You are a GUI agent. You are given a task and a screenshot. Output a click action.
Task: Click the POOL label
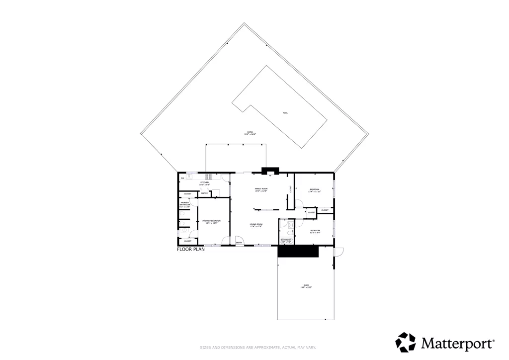tap(285, 113)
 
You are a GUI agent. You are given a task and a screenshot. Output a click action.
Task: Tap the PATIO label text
tap(250, 133)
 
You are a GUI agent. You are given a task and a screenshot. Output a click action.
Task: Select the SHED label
tap(306, 286)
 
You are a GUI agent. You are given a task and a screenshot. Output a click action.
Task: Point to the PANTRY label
tap(204, 193)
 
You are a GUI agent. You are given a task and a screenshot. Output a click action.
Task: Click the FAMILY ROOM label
tap(261, 189)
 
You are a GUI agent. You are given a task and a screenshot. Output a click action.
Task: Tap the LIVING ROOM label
tap(256, 225)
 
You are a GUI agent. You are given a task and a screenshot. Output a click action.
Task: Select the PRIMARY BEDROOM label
tap(212, 221)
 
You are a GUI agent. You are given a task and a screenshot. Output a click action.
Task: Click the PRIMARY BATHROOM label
tap(185, 204)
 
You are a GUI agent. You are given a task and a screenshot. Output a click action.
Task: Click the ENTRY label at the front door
tap(239, 243)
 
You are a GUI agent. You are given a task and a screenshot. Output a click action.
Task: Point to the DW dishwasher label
tap(182, 178)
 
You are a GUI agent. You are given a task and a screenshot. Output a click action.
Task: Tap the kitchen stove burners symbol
tap(209, 176)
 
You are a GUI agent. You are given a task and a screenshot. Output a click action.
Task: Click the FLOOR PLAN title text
tap(191, 250)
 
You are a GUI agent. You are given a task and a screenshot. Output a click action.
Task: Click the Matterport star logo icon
tap(406, 342)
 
